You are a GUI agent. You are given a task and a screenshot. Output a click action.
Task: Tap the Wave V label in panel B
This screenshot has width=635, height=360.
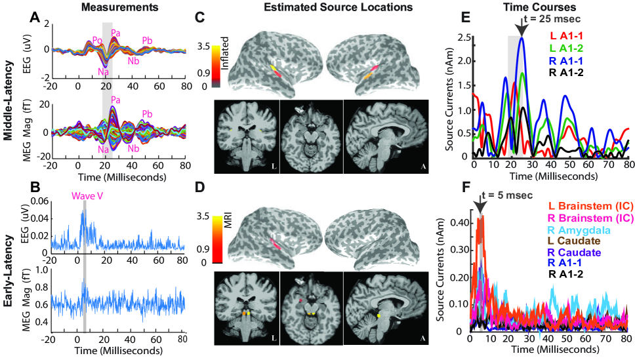86,193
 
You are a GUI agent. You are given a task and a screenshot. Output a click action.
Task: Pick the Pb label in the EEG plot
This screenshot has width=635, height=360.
148,41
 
